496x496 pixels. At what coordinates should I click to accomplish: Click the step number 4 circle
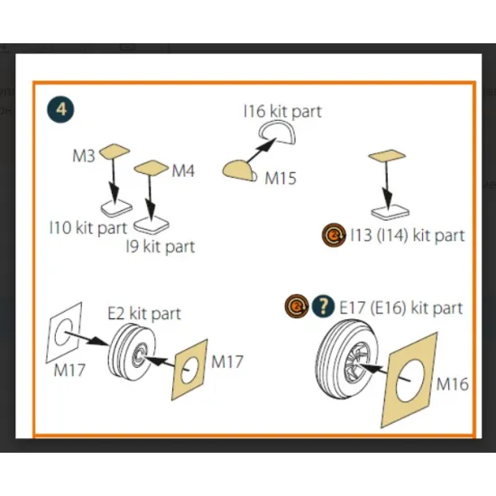[x=61, y=109]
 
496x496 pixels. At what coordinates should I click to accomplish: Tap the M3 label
[x=84, y=156]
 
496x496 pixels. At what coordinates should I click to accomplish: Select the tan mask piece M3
[x=115, y=152]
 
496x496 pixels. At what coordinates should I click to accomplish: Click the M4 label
[x=183, y=170]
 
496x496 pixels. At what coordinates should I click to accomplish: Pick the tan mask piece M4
[x=152, y=168]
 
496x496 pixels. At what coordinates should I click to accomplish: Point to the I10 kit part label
[x=88, y=228]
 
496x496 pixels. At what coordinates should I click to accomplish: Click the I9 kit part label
[x=161, y=247]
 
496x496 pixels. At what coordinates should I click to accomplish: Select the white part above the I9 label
[x=152, y=225]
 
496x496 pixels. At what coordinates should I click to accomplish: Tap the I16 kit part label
[x=283, y=111]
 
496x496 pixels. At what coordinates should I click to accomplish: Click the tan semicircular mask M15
[x=238, y=170]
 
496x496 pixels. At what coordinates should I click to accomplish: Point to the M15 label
[x=280, y=178]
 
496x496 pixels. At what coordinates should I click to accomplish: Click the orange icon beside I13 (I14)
[x=334, y=235]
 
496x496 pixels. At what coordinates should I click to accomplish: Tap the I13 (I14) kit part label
[x=408, y=235]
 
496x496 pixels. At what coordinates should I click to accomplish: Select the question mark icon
[x=323, y=307]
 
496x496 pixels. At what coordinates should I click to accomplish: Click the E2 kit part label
[x=144, y=314]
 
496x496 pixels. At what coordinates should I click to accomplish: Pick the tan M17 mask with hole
[x=189, y=370]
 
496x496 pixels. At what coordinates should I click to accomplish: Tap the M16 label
[x=453, y=384]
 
